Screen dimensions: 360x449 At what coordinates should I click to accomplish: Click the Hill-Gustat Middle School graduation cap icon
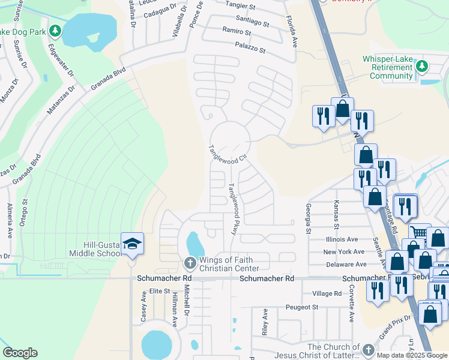pos(132,244)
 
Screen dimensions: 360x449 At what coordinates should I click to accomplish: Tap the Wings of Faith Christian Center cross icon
pos(189,262)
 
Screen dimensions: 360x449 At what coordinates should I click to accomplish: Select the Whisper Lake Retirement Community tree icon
pos(422,65)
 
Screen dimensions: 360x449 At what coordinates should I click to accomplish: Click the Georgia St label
pos(309,218)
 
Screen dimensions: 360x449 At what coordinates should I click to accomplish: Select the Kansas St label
pos(336,214)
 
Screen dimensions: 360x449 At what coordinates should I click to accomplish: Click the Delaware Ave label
pos(346,264)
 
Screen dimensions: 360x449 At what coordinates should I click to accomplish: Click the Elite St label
pos(160,290)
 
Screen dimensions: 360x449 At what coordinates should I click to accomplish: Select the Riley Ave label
pos(265,322)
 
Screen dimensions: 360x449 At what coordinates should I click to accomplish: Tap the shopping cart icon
pos(419,233)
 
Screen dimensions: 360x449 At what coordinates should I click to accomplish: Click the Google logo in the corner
pos(20,353)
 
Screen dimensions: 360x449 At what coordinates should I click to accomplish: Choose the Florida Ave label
pos(292,32)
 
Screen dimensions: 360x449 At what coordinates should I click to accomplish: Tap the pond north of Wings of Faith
pos(194,244)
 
